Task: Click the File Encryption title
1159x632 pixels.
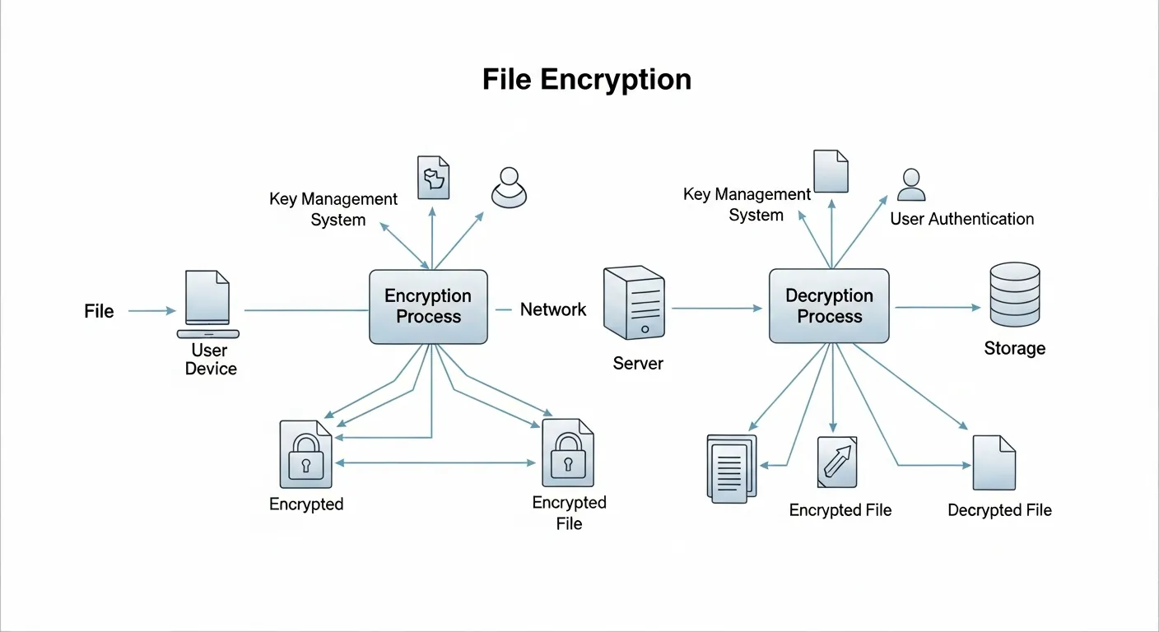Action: [x=586, y=80]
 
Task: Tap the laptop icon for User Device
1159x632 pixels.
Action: [x=208, y=304]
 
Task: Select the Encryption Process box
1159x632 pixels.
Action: [x=428, y=306]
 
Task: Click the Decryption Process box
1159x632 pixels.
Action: [x=829, y=306]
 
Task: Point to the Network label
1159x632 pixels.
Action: [x=553, y=309]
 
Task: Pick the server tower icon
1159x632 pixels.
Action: [x=635, y=302]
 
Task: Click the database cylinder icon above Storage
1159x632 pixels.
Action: [x=1014, y=295]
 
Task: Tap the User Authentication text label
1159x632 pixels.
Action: [x=961, y=219]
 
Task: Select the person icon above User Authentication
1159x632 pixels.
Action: [x=910, y=185]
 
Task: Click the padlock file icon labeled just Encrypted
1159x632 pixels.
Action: [x=305, y=455]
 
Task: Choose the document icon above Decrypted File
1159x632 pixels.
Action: [x=994, y=462]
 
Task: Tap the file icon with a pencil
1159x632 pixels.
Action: [x=837, y=462]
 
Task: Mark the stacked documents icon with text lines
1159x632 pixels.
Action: [x=731, y=467]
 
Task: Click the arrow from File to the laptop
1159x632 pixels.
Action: [x=152, y=311]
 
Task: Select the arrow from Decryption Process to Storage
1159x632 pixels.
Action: [x=937, y=308]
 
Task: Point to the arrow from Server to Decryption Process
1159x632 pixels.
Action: [x=716, y=308]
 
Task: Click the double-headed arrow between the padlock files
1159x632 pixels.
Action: [x=436, y=463]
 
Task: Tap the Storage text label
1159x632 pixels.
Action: [x=1014, y=348]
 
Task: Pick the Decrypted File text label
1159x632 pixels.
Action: [x=999, y=510]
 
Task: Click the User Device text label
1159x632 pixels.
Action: [x=210, y=360]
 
